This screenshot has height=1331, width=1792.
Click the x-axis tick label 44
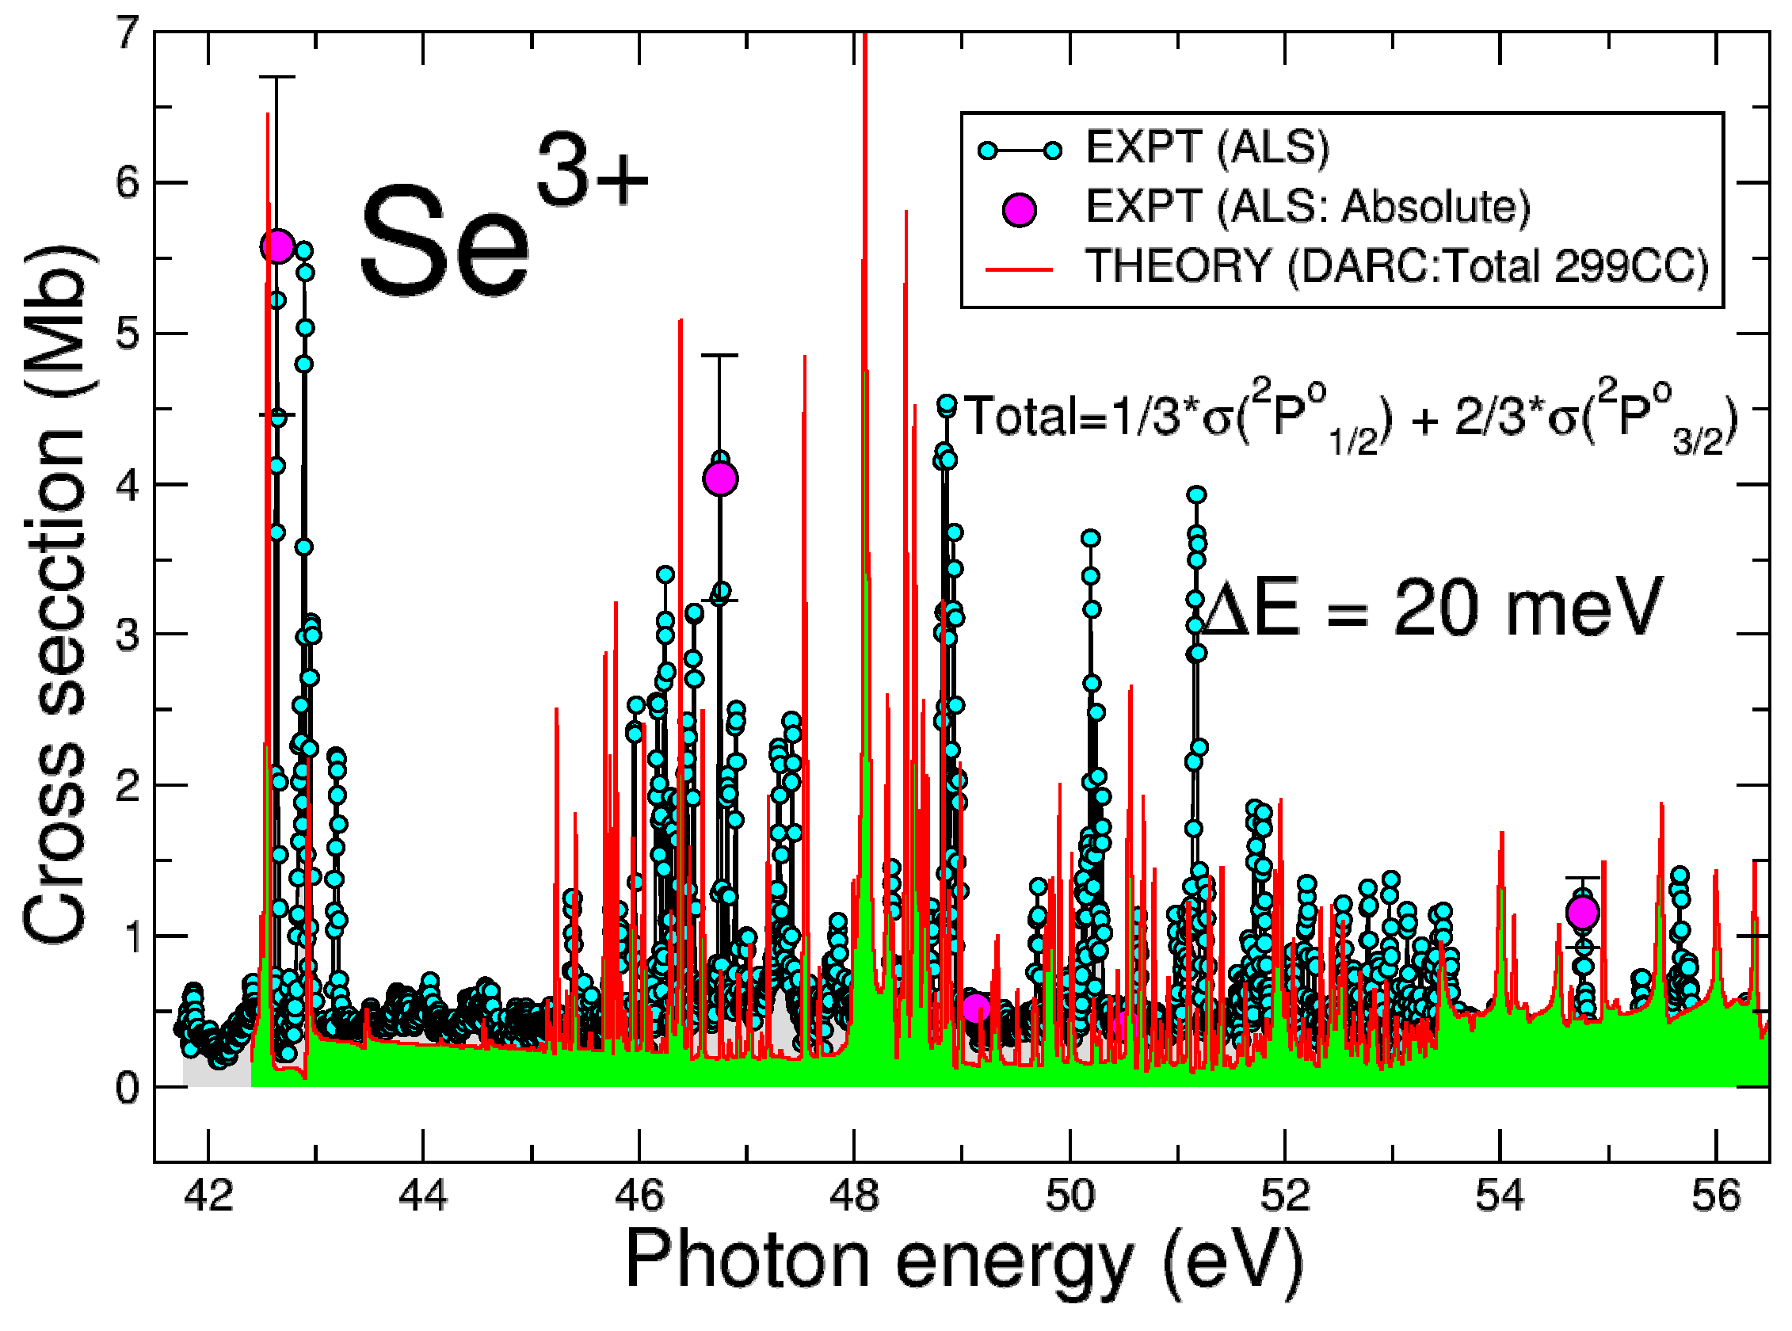coord(423,1196)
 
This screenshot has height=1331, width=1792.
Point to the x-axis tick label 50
coord(1070,1196)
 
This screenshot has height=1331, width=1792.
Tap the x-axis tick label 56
coord(1716,1196)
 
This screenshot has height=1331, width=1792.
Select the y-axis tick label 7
coord(128,34)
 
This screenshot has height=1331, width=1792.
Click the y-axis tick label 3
coord(128,635)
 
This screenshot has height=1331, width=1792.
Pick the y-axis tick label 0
coord(128,1088)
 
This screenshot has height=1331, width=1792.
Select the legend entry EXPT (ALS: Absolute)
coord(1307,207)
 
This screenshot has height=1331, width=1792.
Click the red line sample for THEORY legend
coord(1020,269)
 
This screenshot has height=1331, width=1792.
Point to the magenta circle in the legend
coord(1020,209)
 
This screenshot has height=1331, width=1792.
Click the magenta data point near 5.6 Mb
coord(276,246)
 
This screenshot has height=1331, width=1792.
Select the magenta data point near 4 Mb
coord(720,479)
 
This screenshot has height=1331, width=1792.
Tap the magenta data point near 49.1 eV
coord(976,1007)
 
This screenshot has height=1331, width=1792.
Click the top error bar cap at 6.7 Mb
coord(276,77)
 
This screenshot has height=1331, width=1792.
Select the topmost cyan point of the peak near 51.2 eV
coord(1196,494)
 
